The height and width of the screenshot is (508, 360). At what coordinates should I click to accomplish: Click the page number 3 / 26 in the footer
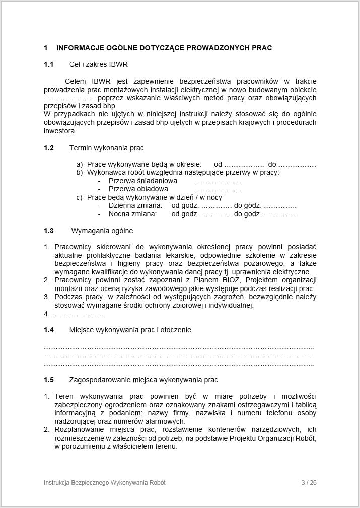(x=309, y=483)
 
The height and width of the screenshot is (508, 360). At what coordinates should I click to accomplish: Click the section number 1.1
(x=48, y=64)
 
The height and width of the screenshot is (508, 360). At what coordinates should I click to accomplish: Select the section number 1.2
(x=48, y=148)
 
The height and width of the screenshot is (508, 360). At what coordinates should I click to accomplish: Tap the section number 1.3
(x=48, y=231)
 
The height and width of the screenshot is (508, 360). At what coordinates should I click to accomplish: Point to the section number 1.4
(x=48, y=330)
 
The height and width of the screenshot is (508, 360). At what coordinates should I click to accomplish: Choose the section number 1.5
(x=48, y=379)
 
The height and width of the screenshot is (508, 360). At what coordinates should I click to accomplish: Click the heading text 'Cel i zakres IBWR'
(x=98, y=64)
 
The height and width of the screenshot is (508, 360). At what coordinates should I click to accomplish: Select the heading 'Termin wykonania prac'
(x=106, y=148)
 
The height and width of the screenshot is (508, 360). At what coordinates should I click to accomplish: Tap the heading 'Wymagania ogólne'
(x=102, y=231)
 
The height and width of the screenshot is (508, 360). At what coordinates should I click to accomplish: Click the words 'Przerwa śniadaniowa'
(x=143, y=181)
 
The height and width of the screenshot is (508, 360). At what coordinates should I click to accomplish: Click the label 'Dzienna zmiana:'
(x=135, y=206)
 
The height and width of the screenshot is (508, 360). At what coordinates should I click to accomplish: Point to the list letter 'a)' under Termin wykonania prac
(x=79, y=164)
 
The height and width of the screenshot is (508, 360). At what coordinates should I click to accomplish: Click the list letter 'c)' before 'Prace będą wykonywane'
(x=79, y=197)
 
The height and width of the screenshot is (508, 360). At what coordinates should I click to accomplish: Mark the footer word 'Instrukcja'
(x=58, y=483)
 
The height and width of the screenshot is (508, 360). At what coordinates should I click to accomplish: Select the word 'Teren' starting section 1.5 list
(x=64, y=396)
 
